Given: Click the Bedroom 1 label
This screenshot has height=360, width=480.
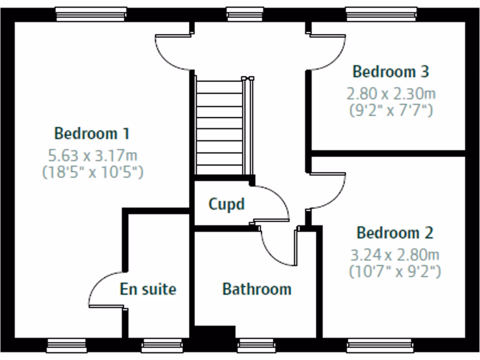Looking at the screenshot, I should point(92,134).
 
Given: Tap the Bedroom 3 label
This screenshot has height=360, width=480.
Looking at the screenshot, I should point(390,72).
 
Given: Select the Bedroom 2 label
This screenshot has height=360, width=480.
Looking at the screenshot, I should point(395,232).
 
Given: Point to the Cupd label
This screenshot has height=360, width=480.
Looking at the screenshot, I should point(226,204).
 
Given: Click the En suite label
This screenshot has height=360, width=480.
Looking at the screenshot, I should point(148,289).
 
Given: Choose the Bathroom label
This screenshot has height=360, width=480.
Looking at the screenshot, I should point(256,289).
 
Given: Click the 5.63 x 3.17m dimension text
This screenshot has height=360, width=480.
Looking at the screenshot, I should point(93,155).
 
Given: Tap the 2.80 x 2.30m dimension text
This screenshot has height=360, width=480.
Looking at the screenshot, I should point(391,94).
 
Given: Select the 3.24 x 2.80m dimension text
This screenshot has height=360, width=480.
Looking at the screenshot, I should point(395,255).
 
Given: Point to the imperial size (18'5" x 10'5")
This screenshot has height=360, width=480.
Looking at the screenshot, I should point(93,172).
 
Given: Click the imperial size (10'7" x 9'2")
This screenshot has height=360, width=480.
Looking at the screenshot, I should point(395,271).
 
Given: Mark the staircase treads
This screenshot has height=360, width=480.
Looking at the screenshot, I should point(219,127).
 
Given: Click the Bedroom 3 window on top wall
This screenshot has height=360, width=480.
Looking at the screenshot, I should point(381,14).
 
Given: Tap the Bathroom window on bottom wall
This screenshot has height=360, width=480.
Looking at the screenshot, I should point(257,346).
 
